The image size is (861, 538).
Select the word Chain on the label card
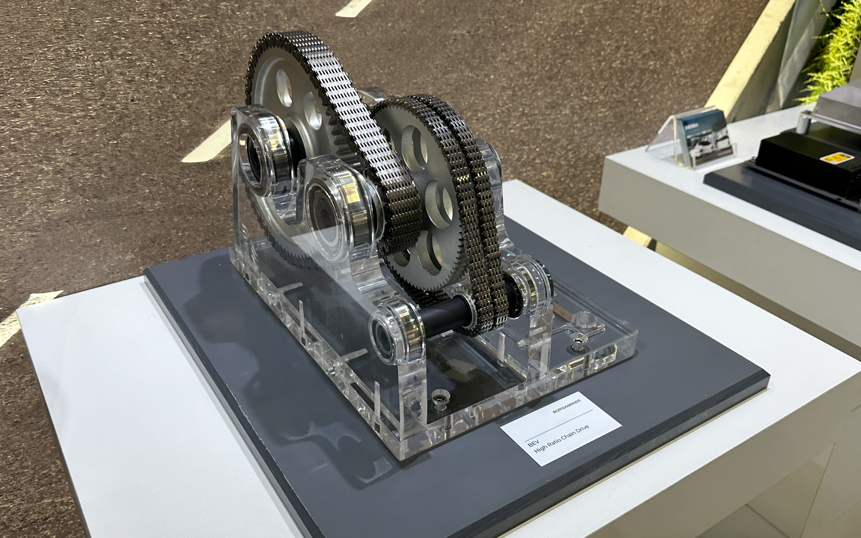(x=574, y=435)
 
